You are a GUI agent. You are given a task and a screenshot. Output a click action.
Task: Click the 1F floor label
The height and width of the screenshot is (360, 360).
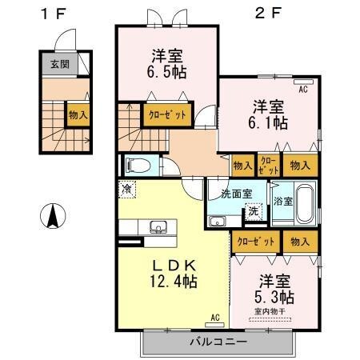coord(53,13)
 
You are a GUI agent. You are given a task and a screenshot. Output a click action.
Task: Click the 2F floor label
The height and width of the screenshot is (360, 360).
coord(268,13)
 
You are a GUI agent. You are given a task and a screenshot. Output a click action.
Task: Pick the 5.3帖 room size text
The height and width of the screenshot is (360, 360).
coord(275,297)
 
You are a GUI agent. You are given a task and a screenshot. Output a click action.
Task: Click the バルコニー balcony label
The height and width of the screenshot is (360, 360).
coord(218,342)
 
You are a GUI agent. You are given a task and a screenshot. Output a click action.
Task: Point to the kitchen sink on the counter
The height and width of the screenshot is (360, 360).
coord(158,226)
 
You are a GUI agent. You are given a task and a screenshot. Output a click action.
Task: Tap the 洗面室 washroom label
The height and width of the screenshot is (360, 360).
coord(236,193)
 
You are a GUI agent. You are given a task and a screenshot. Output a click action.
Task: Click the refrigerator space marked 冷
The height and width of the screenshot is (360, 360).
coord(126,189)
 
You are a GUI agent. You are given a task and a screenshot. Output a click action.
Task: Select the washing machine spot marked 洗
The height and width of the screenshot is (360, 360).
coord(252,212)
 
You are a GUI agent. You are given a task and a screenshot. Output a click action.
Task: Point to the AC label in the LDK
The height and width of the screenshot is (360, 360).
coord(214,318)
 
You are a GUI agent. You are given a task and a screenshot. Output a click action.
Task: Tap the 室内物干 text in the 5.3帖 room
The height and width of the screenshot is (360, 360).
coord(270,311)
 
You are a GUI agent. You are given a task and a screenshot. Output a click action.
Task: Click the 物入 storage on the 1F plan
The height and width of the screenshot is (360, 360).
coord(78,114)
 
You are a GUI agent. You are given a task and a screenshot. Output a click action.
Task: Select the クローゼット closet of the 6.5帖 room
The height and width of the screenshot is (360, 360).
coord(167,114)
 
